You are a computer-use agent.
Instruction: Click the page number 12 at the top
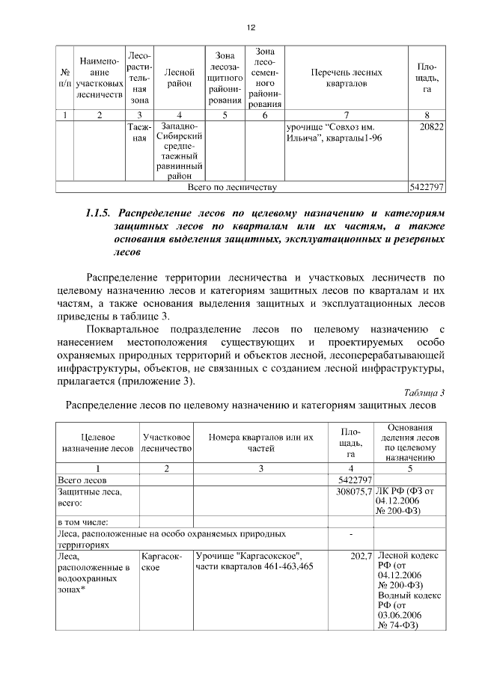point(250,27)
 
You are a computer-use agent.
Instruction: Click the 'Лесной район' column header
point(180,79)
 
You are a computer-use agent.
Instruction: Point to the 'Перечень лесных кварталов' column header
point(346,79)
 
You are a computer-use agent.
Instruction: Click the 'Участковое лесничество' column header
point(166,442)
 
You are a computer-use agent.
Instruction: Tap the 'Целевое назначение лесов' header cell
point(97,442)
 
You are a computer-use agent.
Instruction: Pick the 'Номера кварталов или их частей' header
point(260,442)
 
